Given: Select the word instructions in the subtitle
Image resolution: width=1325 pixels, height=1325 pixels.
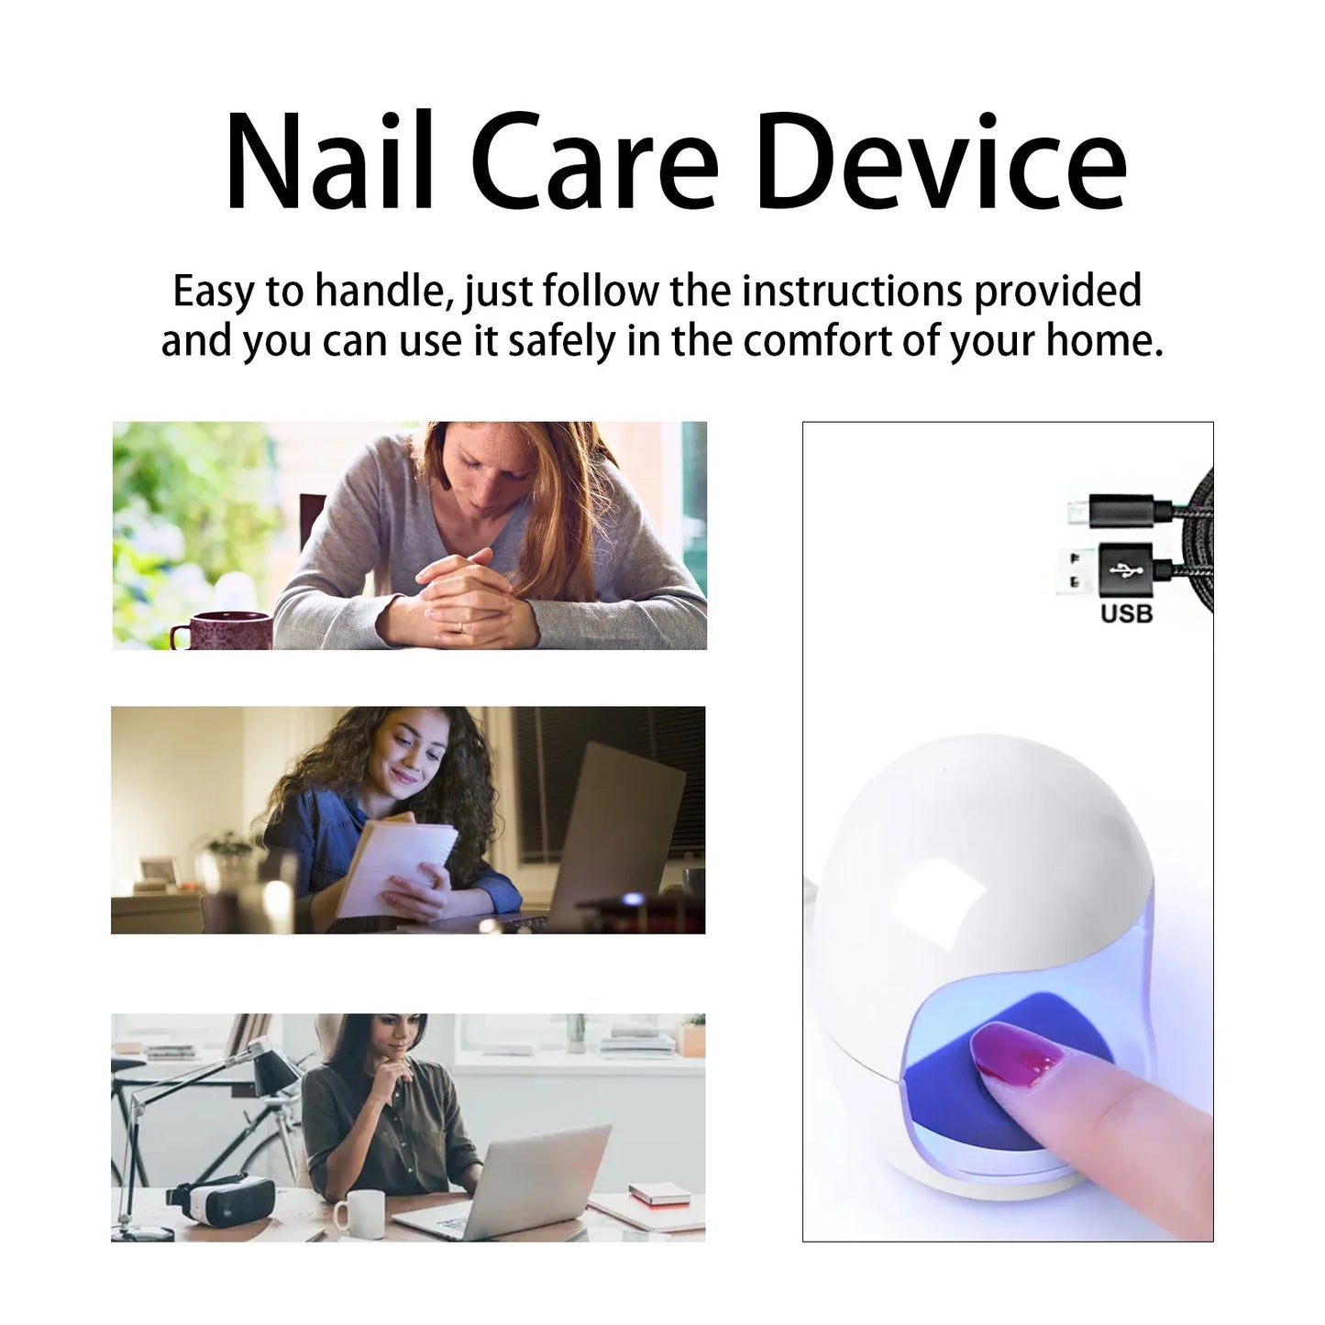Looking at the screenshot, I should [852, 292].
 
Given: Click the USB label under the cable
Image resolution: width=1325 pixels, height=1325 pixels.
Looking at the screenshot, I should [1126, 613].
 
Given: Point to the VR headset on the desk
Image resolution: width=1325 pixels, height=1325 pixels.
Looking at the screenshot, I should [221, 1201].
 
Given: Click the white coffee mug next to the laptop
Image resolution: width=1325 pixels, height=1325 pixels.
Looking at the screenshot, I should [358, 1212].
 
